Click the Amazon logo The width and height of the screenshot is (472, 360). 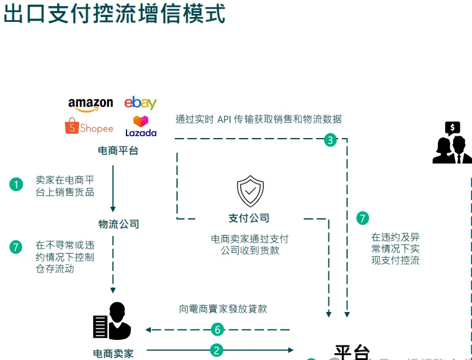click(x=91, y=104)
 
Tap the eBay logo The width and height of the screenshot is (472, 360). click(x=141, y=103)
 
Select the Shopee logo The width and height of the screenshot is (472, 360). click(x=89, y=127)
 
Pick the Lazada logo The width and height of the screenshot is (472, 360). click(x=141, y=126)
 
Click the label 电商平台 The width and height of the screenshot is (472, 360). click(x=118, y=150)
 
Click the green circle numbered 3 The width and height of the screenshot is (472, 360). click(x=330, y=140)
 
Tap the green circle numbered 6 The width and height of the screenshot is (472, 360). click(x=217, y=330)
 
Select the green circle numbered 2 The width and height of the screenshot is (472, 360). click(x=217, y=350)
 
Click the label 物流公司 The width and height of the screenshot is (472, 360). click(x=119, y=224)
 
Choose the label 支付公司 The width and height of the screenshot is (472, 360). click(x=249, y=218)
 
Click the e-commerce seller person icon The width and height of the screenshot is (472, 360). click(x=112, y=320)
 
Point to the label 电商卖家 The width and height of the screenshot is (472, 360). click(x=113, y=353)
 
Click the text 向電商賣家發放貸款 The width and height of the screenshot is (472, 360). click(x=223, y=308)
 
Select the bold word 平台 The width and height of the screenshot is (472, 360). click(x=352, y=352)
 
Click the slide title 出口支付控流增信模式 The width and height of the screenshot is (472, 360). click(x=114, y=13)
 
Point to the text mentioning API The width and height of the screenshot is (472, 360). click(x=259, y=119)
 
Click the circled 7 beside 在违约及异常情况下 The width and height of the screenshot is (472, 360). click(x=363, y=218)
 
